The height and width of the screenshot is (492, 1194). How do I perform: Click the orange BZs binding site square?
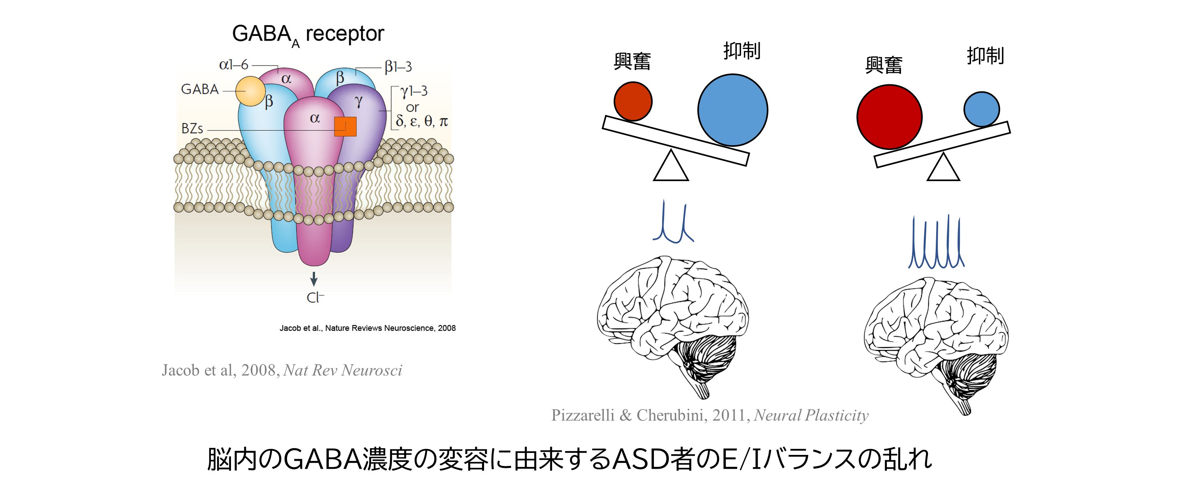pyautogui.click(x=345, y=127)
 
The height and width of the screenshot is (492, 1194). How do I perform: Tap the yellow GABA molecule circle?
pyautogui.click(x=250, y=91)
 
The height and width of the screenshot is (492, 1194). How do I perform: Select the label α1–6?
pyautogui.click(x=234, y=64)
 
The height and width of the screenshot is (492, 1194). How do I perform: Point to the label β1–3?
pyautogui.click(x=398, y=67)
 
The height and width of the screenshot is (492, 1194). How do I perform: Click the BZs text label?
pyautogui.click(x=192, y=128)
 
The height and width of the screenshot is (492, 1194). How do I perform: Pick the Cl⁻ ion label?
pyautogui.click(x=315, y=297)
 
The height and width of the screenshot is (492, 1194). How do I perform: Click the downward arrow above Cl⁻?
pyautogui.click(x=314, y=279)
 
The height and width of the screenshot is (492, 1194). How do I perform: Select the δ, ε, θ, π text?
pyautogui.click(x=422, y=122)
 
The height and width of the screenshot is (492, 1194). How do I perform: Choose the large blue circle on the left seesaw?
pyautogui.click(x=732, y=110)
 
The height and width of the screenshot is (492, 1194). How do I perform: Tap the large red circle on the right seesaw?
pyautogui.click(x=889, y=117)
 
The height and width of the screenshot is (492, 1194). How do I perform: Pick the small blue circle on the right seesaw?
pyautogui.click(x=981, y=109)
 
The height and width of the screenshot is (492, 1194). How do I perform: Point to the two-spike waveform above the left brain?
pyautogui.click(x=672, y=223)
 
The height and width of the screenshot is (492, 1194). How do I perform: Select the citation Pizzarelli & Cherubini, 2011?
pyautogui.click(x=709, y=415)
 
